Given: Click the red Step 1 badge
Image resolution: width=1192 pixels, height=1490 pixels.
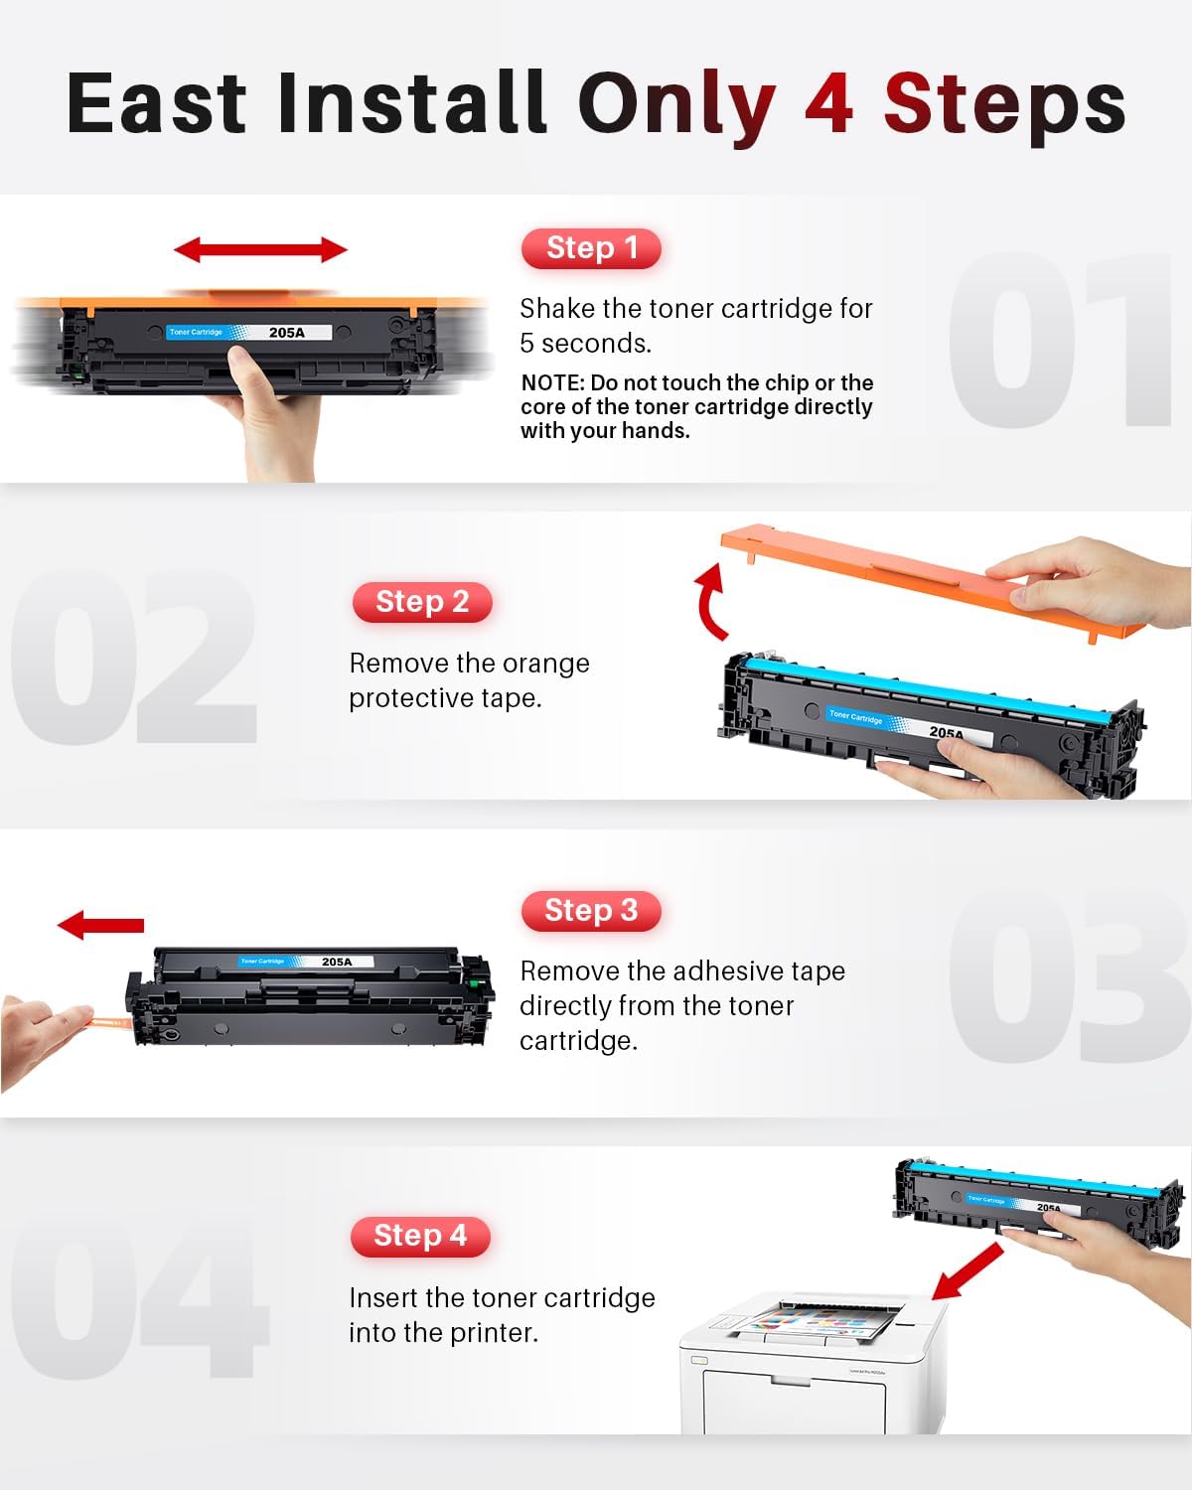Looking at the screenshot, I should click(591, 248).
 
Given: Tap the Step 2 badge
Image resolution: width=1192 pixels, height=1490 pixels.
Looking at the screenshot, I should click(422, 602).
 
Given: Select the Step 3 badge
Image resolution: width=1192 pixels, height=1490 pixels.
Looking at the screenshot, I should click(591, 910).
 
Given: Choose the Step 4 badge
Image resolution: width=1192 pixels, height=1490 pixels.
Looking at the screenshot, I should click(420, 1236).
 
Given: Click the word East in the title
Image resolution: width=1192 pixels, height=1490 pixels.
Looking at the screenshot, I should click(156, 104).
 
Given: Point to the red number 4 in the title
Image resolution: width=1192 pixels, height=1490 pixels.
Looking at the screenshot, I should click(828, 104).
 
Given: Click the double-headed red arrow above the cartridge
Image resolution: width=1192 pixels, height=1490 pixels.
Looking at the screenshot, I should click(260, 250).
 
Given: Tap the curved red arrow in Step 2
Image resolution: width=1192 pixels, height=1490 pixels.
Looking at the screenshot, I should click(710, 602).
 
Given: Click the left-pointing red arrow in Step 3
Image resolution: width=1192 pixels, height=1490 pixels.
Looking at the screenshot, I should click(100, 926).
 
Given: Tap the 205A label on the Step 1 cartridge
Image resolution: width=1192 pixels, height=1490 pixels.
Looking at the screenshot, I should click(287, 333).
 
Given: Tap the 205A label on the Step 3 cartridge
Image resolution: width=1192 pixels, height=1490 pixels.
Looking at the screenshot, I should click(337, 962).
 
